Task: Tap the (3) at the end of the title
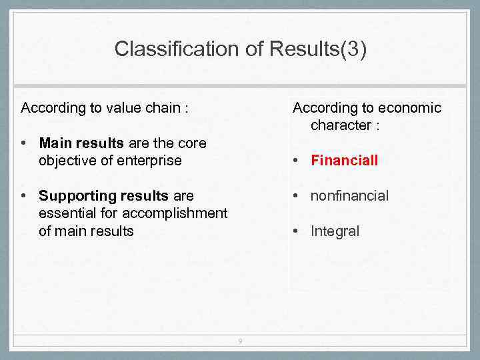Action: (353, 49)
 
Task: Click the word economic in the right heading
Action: (409, 108)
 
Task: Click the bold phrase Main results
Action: (80, 143)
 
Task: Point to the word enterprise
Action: (147, 161)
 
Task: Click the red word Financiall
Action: (344, 161)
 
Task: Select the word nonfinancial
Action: (349, 196)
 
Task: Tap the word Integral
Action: (335, 231)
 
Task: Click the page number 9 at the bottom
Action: (240, 342)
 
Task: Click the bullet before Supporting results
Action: (24, 196)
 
